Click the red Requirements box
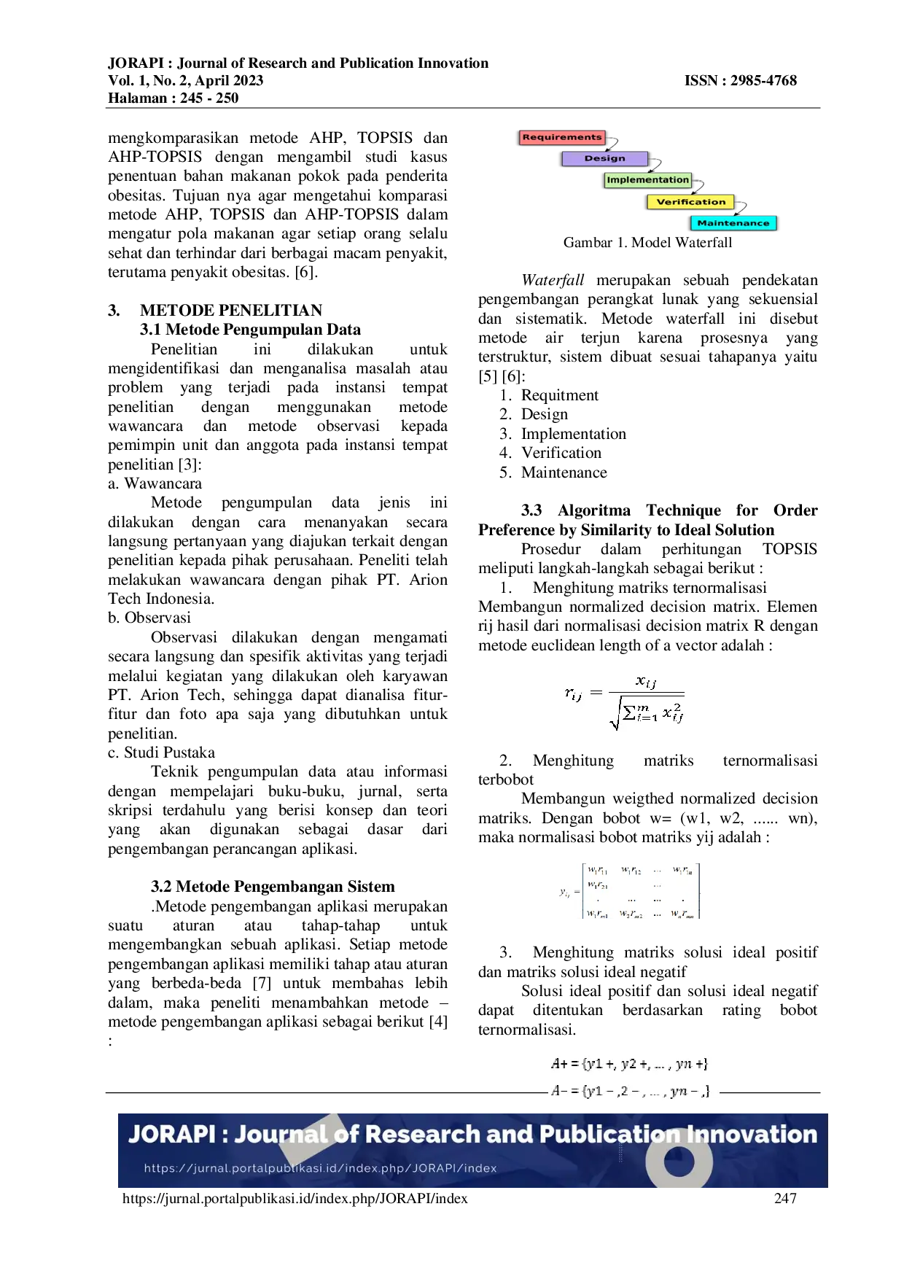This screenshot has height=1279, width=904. [x=562, y=137]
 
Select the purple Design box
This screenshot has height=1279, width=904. [x=604, y=158]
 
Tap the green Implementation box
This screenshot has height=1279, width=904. [x=647, y=180]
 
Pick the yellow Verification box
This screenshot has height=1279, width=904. [x=690, y=202]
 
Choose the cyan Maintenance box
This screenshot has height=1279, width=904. [x=733, y=223]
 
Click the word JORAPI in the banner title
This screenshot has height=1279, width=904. [x=172, y=1135]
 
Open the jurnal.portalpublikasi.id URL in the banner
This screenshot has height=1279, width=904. [x=320, y=1168]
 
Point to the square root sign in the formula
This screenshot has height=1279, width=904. [x=615, y=713]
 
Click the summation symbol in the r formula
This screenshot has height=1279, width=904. [x=629, y=712]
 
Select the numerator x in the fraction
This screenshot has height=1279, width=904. [x=645, y=682]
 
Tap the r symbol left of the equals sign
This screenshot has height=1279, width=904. [x=573, y=693]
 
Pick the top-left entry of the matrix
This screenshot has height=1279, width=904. [x=597, y=870]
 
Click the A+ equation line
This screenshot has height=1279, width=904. [x=629, y=1064]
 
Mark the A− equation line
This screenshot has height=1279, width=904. [x=629, y=1092]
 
